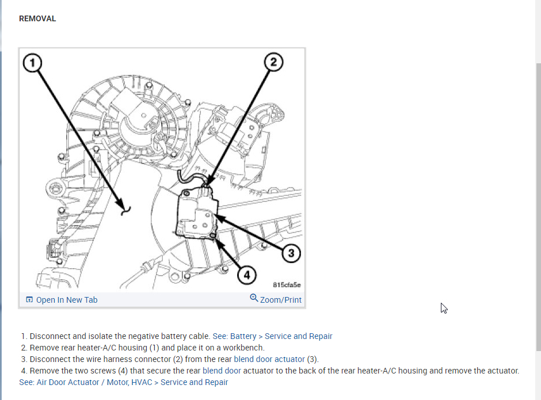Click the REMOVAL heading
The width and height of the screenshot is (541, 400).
[37, 18]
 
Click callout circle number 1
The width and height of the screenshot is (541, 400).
[32, 63]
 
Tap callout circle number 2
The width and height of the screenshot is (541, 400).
[273, 62]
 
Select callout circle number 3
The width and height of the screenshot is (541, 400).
[291, 253]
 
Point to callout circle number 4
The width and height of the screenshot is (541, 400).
[247, 275]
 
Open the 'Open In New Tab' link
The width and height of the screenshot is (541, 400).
[67, 300]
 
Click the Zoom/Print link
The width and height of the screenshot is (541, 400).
[280, 300]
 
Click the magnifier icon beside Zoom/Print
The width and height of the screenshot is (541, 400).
[254, 298]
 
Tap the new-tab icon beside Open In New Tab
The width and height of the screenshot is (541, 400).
[29, 300]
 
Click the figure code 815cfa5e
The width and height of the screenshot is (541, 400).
[287, 285]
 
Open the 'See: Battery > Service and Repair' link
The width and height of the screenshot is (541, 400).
[272, 336]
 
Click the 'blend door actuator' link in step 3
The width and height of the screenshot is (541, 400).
[269, 359]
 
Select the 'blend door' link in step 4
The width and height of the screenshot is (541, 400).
[222, 371]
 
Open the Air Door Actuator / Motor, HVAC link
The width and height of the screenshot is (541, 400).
[124, 382]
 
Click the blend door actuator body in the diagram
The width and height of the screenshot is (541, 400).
[197, 214]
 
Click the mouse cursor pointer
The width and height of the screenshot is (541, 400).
[444, 308]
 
